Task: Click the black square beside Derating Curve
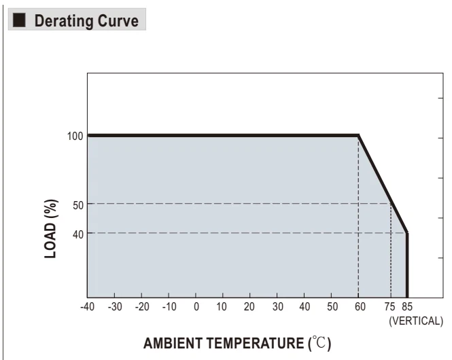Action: click(x=19, y=20)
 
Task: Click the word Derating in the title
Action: click(x=64, y=21)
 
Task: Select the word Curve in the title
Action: click(x=118, y=21)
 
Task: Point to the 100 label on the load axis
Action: click(x=75, y=137)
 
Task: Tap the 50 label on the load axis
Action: click(x=78, y=206)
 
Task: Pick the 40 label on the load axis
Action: click(x=78, y=235)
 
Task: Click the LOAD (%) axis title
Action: click(x=51, y=229)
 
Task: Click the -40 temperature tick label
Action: click(x=88, y=307)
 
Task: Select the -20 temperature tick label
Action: click(x=142, y=307)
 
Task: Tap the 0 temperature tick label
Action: click(x=196, y=307)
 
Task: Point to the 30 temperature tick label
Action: click(x=277, y=307)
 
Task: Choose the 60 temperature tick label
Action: click(x=360, y=307)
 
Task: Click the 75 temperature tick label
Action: click(x=389, y=307)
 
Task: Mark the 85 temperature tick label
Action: click(x=407, y=307)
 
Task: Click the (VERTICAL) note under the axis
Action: click(x=416, y=321)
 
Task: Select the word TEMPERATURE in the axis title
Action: click(x=255, y=343)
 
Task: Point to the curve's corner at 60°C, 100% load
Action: click(x=358, y=135)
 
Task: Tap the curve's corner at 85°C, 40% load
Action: click(x=407, y=232)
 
